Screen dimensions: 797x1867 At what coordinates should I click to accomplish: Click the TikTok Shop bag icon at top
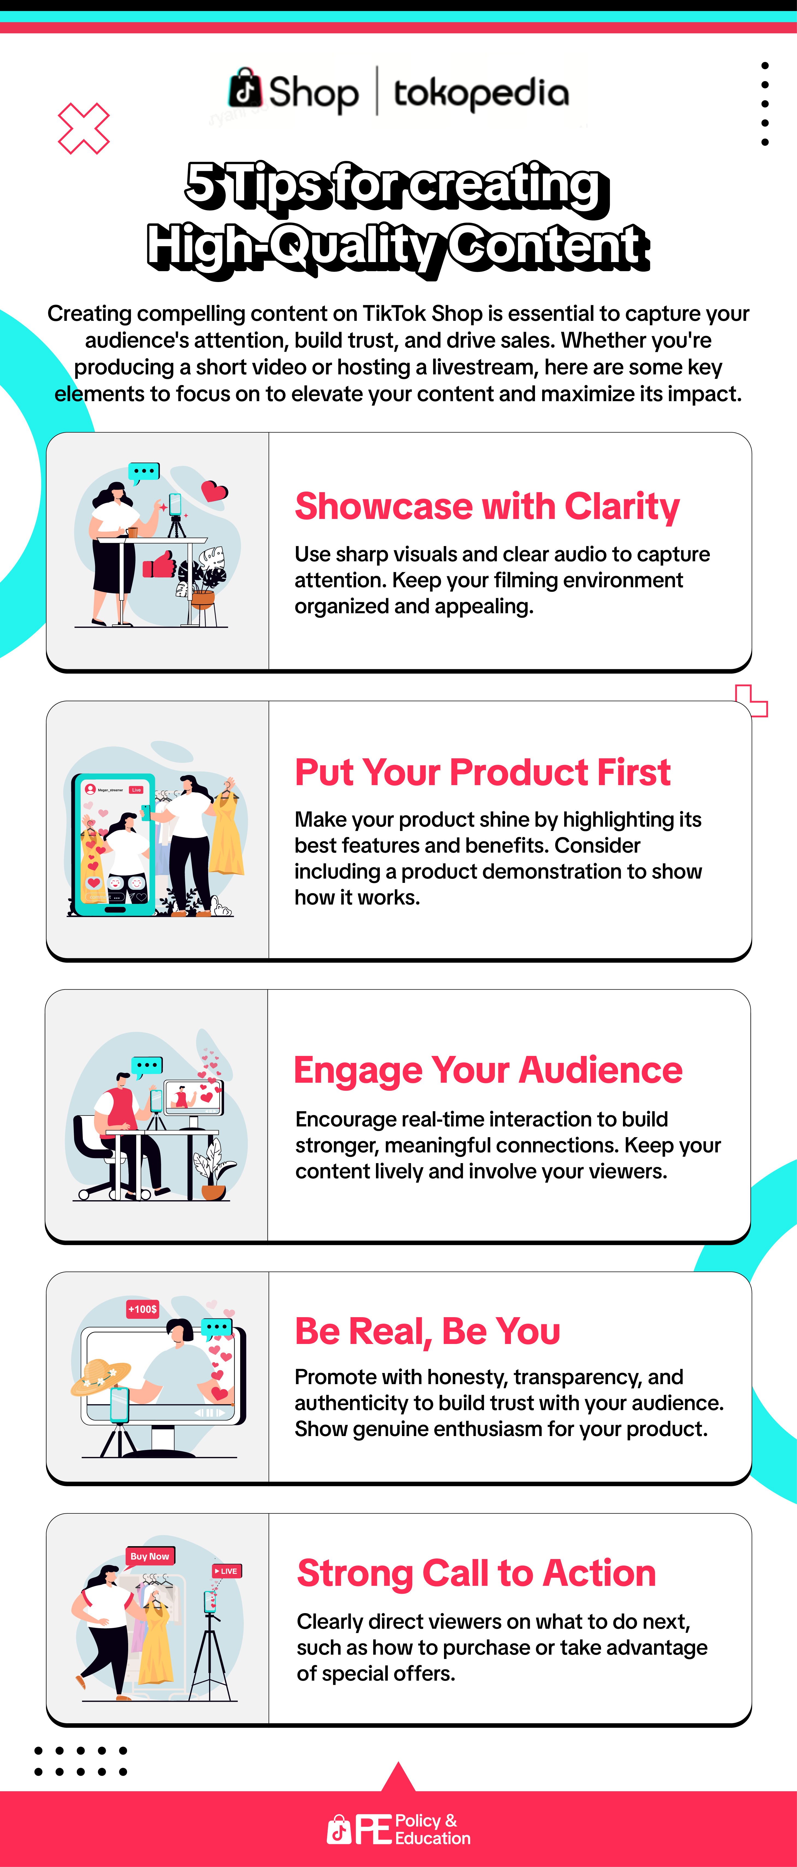(245, 89)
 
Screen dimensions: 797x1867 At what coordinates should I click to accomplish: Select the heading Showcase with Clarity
(487, 506)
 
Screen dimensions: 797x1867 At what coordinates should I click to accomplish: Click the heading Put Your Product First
(483, 772)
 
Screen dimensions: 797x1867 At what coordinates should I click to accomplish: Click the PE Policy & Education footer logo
(398, 1829)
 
